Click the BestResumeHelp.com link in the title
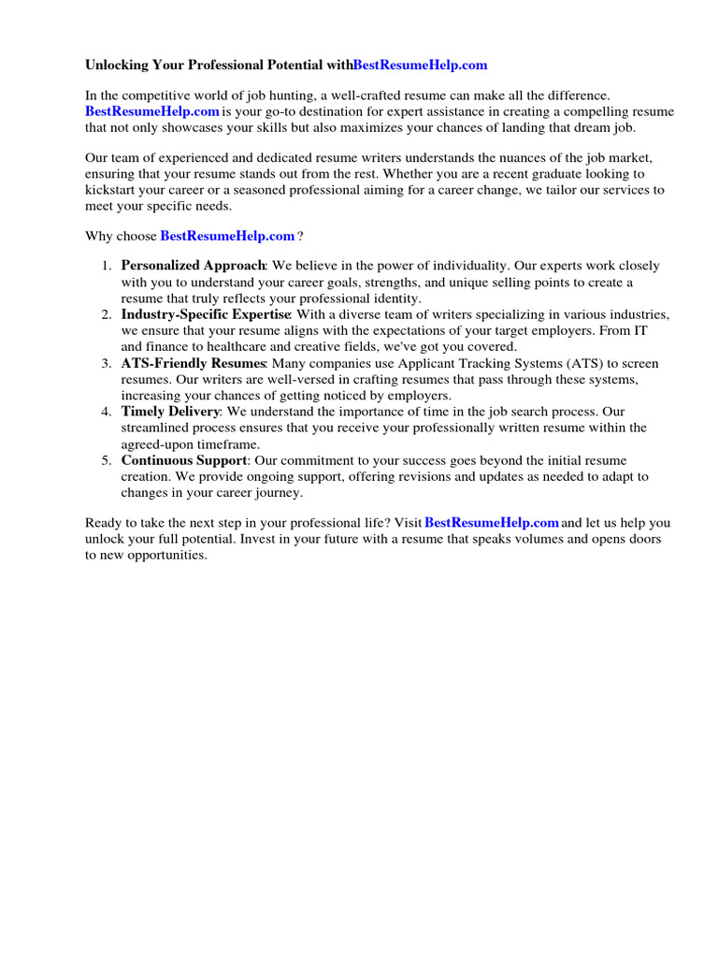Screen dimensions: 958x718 [421, 65]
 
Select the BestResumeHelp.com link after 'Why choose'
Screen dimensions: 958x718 [227, 236]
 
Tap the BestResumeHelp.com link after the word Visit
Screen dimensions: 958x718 [492, 523]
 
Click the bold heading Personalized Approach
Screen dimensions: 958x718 [194, 266]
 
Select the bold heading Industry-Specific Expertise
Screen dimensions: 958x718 [207, 314]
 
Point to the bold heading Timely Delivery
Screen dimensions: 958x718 [171, 412]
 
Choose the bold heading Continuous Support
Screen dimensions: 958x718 [184, 460]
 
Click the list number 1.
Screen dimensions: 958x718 [107, 266]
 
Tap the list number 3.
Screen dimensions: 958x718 [107, 363]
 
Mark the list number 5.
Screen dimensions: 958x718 [107, 460]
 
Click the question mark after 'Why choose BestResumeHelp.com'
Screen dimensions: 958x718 [300, 236]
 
